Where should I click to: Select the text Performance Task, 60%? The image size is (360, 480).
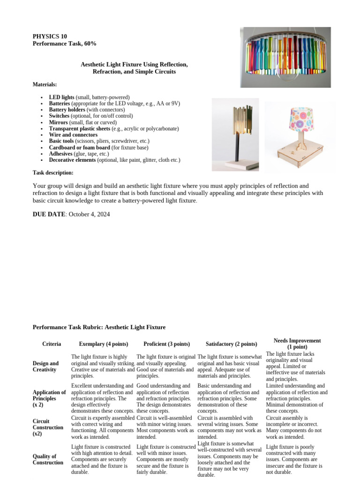(64, 44)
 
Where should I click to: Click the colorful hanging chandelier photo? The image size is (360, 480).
(285, 57)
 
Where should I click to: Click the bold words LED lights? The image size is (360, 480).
(62, 97)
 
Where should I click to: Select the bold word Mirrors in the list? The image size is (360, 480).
(60, 122)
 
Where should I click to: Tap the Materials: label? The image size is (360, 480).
(45, 84)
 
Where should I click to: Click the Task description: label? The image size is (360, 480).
(52, 172)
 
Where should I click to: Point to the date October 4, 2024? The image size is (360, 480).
(89, 214)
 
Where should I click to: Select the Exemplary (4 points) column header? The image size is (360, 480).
(104, 344)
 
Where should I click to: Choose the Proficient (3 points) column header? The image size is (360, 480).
(167, 344)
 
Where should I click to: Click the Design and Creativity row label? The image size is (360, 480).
(46, 367)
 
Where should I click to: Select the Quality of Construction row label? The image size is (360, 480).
(48, 459)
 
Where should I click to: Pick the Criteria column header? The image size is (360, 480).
(52, 344)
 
